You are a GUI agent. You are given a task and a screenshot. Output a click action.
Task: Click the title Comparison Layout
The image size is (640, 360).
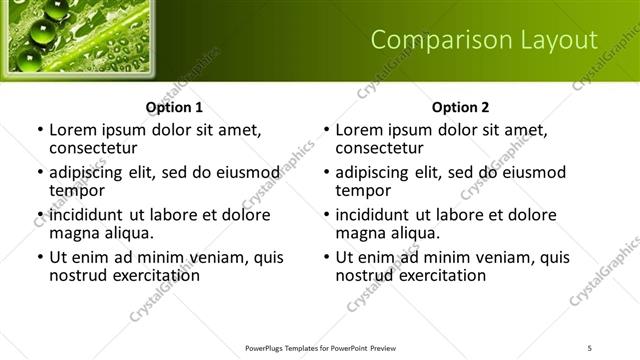click(484, 40)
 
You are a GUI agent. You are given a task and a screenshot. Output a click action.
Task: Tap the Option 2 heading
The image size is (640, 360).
click(460, 107)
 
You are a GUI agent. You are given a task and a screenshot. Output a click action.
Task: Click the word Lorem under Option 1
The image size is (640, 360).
click(72, 130)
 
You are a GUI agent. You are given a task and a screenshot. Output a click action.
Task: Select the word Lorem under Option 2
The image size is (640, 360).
click(358, 130)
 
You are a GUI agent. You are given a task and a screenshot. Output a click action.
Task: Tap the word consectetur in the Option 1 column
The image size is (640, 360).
click(92, 148)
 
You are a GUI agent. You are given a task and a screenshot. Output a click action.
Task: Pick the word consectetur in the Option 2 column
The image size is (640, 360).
click(378, 148)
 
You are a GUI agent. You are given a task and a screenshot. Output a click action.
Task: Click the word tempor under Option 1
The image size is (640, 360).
click(74, 191)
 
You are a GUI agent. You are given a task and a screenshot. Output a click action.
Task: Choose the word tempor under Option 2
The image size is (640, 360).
click(360, 191)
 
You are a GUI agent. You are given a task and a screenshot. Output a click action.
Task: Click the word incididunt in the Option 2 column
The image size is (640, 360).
click(376, 215)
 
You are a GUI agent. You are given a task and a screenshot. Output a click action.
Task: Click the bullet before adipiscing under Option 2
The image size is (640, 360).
click(327, 173)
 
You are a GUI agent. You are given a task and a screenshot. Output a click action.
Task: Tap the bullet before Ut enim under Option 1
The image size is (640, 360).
click(41, 258)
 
